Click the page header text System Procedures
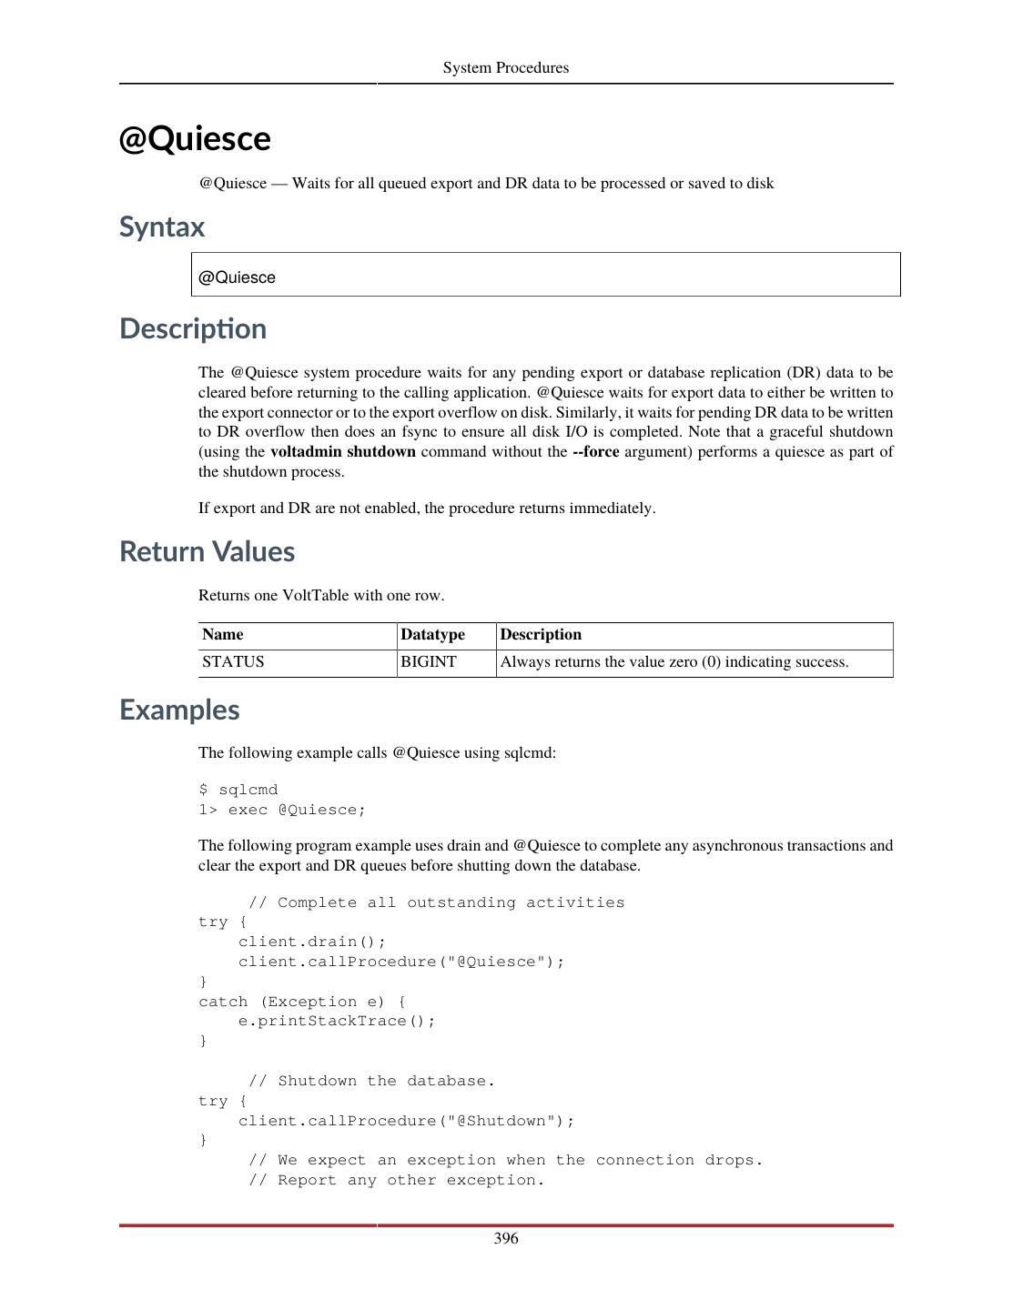tap(505, 68)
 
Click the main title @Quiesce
tap(195, 139)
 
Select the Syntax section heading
tap(162, 227)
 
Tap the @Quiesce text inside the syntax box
tap(237, 278)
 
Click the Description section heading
tap(193, 329)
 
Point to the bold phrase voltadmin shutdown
tap(343, 452)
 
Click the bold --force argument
tap(595, 452)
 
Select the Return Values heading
tap(207, 552)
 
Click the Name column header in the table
tap(223, 635)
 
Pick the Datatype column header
tap(432, 635)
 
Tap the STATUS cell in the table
tap(233, 662)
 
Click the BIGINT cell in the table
tap(429, 662)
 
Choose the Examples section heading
tap(179, 710)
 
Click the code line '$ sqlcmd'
tap(238, 791)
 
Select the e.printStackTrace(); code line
tap(337, 1022)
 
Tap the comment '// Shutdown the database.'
tap(372, 1082)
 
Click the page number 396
tap(506, 1239)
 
